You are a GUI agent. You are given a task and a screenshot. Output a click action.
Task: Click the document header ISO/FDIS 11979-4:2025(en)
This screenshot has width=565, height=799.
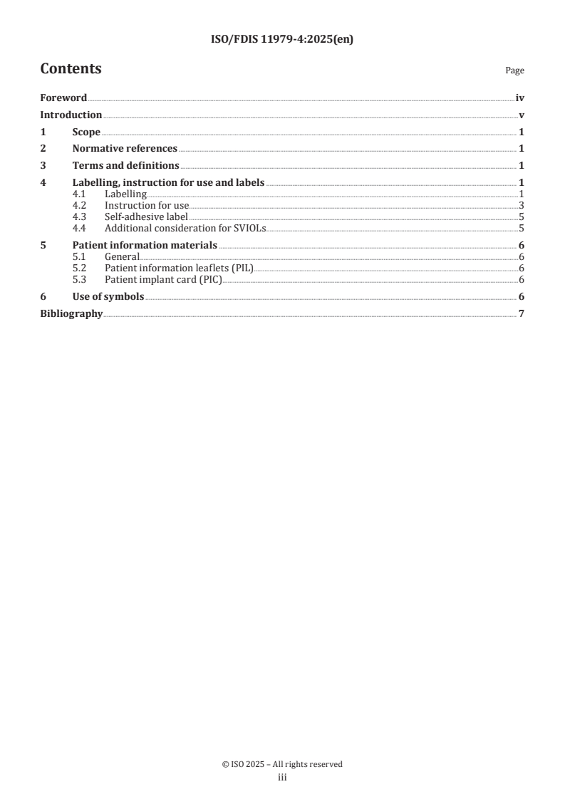pos(282,40)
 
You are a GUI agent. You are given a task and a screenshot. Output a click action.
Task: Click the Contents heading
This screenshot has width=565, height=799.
pos(71,69)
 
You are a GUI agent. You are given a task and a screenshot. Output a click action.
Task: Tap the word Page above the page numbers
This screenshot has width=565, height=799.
pos(514,70)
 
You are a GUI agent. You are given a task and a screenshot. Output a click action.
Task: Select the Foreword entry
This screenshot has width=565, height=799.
pos(63,98)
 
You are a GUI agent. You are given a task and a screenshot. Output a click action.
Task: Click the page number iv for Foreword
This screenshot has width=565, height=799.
pos(520,98)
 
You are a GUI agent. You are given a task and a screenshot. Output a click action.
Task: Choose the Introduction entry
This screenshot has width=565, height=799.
pos(71,115)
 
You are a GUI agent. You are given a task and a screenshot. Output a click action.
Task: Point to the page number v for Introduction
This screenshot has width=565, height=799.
pos(522,115)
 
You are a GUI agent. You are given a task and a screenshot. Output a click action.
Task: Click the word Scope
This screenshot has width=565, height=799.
pos(86,132)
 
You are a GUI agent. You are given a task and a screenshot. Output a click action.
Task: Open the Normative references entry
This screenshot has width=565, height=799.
pos(125,149)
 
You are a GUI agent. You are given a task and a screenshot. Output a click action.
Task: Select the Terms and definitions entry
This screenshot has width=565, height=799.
pos(125,166)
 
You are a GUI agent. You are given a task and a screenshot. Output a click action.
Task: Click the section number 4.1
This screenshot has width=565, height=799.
pos(80,194)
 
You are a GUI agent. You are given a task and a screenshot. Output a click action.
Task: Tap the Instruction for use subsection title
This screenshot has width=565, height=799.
pos(146,205)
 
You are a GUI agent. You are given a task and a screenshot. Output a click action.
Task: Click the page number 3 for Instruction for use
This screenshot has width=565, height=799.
pos(522,205)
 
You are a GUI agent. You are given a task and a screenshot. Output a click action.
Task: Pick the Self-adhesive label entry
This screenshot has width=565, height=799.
pos(146,216)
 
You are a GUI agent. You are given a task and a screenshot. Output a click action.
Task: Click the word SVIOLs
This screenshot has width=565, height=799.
pos(249,228)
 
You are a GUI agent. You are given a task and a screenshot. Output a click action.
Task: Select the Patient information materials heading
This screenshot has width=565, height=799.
pos(145,246)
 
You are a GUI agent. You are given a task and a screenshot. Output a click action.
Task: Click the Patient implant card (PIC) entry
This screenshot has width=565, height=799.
pos(163,279)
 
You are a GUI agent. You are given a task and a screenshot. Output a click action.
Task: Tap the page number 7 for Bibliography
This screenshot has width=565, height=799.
pos(522,313)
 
